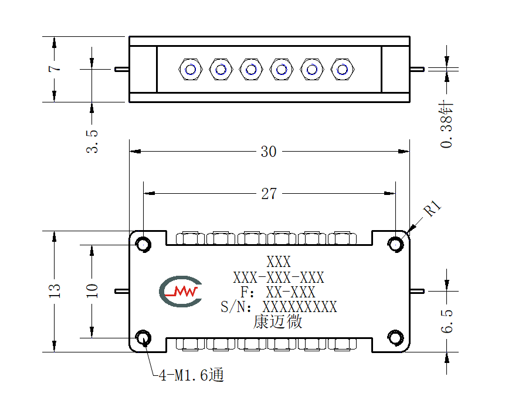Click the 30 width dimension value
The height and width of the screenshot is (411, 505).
[268, 152]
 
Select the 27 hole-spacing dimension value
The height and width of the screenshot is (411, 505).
[269, 194]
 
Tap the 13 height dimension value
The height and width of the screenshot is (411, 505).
[55, 291]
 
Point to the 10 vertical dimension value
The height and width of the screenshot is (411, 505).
[91, 291]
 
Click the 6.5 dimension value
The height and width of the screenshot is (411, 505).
[447, 321]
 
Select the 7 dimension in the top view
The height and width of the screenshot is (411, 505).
[55, 68]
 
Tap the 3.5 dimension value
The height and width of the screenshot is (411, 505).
[91, 141]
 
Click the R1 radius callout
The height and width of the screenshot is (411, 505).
[432, 208]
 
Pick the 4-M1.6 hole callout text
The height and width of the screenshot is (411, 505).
[191, 375]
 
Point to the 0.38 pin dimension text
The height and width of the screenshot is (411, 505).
[447, 124]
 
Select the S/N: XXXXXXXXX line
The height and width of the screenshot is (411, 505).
[279, 307]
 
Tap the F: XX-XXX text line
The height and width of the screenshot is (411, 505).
[277, 292]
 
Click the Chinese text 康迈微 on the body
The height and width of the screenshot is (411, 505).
[277, 321]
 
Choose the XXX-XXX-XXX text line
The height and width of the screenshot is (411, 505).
[279, 277]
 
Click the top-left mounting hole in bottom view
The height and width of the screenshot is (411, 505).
[143, 245]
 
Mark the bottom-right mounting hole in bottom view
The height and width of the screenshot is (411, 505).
[395, 338]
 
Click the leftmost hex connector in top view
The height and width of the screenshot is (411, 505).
[191, 69]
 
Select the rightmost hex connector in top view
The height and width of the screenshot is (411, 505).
[343, 69]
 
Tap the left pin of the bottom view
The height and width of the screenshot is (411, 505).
[122, 292]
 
